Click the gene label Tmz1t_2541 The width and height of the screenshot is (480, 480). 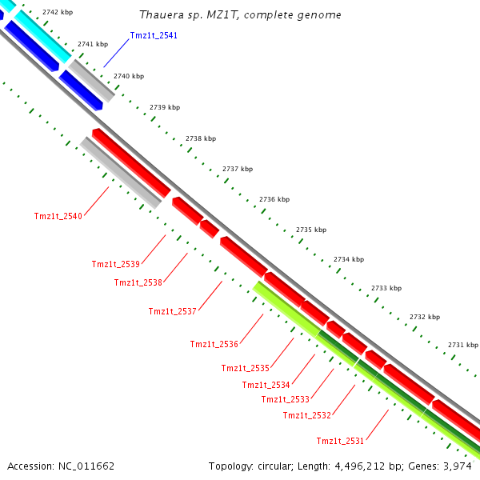[x=154, y=35]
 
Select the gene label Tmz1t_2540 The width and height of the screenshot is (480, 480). [x=58, y=216]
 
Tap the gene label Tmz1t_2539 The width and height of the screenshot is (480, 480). [x=115, y=264]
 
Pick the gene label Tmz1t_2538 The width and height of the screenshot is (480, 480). [x=138, y=282]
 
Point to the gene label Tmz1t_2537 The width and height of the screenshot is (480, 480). [x=172, y=311]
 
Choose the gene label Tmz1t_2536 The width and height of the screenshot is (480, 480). [x=214, y=344]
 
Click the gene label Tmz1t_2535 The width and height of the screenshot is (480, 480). [x=245, y=368]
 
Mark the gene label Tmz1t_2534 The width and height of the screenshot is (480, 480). [x=266, y=385]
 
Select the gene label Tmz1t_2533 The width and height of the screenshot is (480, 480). [x=285, y=399]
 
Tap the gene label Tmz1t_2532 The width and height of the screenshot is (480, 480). [x=306, y=415]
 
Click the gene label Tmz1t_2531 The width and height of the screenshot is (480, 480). [x=340, y=441]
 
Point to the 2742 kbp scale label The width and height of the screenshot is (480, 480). [x=58, y=13]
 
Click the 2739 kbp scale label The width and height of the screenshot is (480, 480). [x=165, y=107]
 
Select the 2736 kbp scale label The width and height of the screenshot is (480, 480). [x=274, y=199]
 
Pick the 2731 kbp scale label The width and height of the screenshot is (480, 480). [x=462, y=345]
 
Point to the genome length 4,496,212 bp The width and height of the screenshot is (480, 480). [x=374, y=466]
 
